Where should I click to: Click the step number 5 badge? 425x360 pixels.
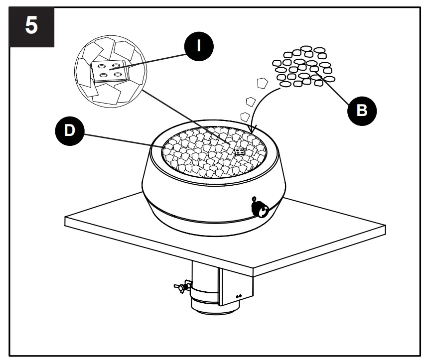(31, 26)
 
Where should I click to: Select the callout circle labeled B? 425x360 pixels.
(362, 110)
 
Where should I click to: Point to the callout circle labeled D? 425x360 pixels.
(70, 130)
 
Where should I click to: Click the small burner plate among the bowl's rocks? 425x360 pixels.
(239, 151)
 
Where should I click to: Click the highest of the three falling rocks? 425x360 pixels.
(261, 83)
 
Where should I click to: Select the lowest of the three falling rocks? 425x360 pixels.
(244, 117)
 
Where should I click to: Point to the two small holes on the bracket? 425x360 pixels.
(239, 296)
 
